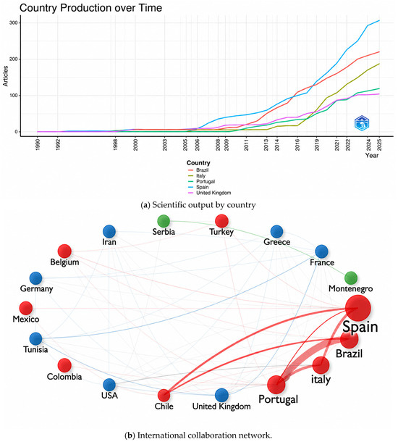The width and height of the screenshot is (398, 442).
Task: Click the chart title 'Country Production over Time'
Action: tap(90, 8)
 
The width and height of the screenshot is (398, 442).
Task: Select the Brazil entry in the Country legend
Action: tap(198, 170)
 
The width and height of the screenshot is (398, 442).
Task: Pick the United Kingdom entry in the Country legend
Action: tap(209, 193)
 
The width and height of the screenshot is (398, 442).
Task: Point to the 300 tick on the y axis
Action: tap(13, 23)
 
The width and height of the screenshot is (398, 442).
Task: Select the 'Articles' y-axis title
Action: tap(5, 76)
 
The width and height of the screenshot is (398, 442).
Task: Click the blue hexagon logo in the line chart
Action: tap(362, 123)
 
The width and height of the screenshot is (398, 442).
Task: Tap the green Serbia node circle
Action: tap(164, 221)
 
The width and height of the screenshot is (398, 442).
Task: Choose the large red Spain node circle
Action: tap(358, 308)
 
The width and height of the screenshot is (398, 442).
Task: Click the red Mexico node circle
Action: tap(26, 308)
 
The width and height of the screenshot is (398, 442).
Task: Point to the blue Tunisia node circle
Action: tap(35, 339)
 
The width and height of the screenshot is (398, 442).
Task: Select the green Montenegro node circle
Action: tap(351, 278)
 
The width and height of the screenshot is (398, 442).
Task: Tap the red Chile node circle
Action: tap(164, 396)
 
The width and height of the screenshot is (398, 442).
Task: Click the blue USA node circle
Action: tap(109, 385)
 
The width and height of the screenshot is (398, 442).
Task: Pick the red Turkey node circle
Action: tap(221, 221)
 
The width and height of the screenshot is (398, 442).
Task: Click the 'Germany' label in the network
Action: tap(37, 289)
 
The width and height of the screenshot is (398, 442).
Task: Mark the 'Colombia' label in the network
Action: tap(64, 377)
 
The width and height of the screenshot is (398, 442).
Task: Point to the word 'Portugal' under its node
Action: tap(278, 400)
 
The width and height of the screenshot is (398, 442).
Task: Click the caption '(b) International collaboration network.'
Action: tap(198, 435)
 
